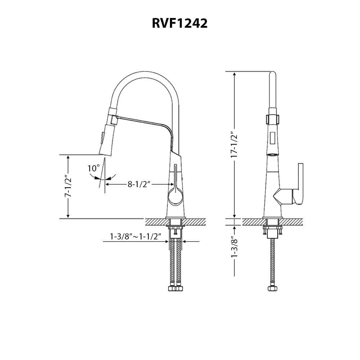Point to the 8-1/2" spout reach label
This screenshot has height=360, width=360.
coord(139,184)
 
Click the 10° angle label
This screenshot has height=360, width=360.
coord(93,168)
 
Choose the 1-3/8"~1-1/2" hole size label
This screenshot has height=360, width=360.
coord(135,237)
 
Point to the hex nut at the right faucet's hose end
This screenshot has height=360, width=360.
coord(272,289)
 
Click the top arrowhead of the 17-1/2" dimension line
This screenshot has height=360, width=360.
coord(235,74)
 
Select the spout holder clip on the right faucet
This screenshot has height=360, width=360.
coord(273,118)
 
